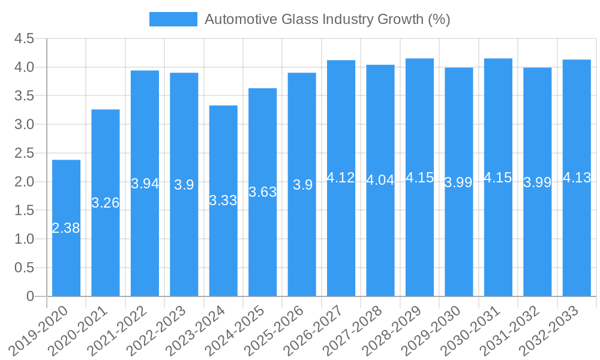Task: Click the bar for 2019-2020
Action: click(66, 228)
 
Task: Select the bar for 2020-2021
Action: click(106, 203)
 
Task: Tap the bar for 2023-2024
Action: click(223, 200)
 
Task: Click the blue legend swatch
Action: click(173, 19)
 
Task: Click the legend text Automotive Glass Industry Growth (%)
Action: click(327, 19)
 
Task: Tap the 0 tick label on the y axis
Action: click(30, 296)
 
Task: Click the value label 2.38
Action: click(66, 228)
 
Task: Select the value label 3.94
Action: click(145, 184)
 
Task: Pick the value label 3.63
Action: click(262, 192)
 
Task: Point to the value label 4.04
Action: click(380, 180)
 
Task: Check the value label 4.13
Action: click(577, 178)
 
